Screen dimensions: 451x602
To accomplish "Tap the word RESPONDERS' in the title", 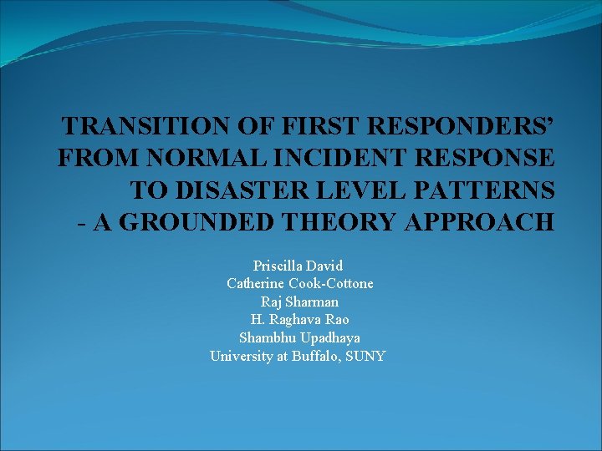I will (x=453, y=126).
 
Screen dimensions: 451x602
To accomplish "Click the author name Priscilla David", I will (x=298, y=266).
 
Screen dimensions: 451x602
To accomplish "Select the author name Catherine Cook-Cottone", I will (x=300, y=283).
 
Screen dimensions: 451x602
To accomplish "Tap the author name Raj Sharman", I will (x=299, y=302).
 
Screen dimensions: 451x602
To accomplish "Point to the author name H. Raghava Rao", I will (x=299, y=319).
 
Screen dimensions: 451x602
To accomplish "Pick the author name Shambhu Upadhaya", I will (x=299, y=337).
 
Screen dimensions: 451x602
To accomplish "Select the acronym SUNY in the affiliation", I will (x=368, y=356).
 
